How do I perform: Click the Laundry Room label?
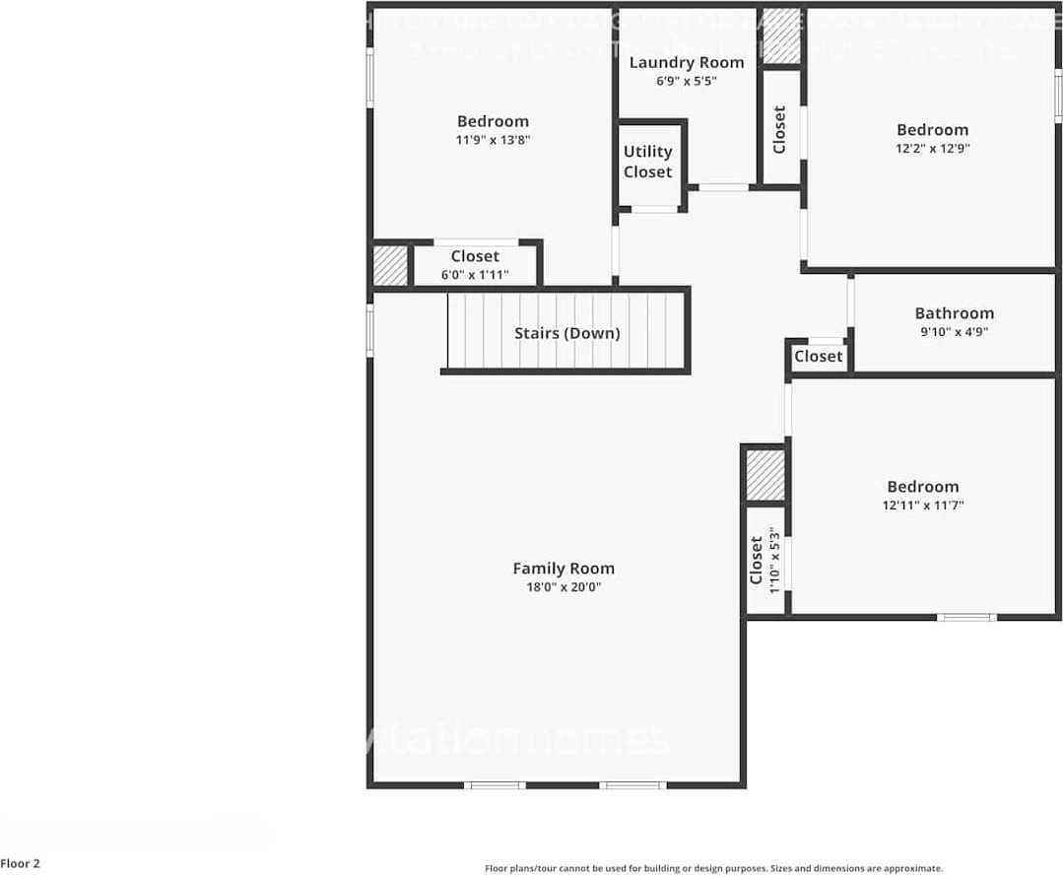686,63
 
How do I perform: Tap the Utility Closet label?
647,162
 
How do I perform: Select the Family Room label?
564,568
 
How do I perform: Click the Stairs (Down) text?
567,333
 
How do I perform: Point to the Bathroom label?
954,313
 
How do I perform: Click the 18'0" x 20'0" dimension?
564,587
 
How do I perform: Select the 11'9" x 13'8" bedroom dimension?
493,141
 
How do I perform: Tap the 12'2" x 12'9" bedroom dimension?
932,149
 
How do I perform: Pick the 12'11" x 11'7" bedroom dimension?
923,506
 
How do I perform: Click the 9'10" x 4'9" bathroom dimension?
954,332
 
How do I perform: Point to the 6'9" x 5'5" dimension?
686,82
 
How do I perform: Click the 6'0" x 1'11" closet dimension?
475,275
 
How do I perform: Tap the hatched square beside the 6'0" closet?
389,265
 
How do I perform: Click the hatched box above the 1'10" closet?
764,475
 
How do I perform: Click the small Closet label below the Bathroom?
818,356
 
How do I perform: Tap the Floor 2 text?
21,864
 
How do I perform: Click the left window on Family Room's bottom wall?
495,785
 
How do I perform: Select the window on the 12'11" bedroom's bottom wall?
965,617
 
